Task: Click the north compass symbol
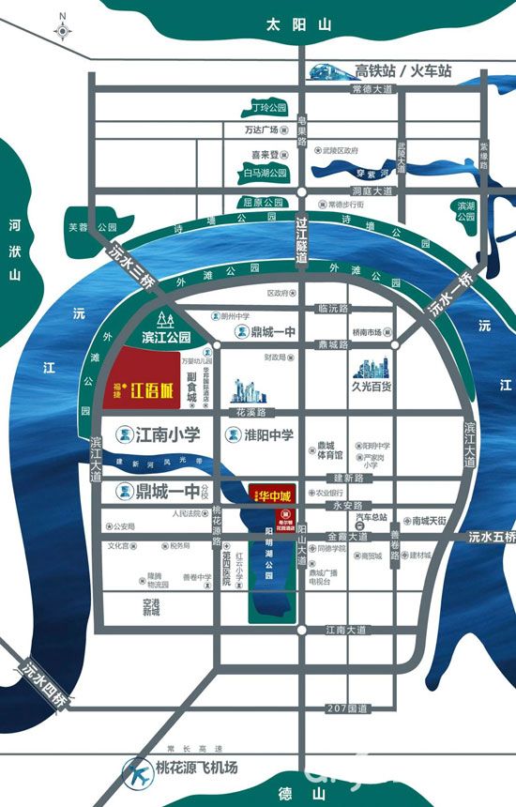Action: coord(62,28)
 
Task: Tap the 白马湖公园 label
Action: coord(266,174)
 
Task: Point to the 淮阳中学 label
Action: coord(262,434)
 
